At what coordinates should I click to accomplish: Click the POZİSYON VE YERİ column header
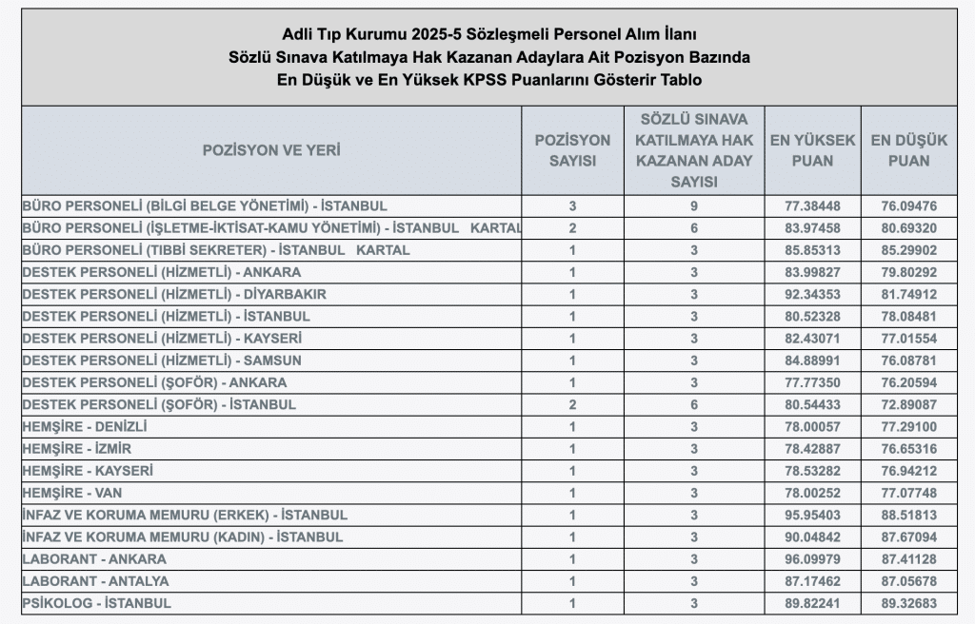tap(271, 150)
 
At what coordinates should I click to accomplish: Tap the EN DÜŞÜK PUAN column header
tap(909, 150)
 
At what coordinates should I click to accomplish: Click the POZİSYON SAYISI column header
tap(572, 150)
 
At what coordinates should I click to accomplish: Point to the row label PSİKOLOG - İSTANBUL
tap(96, 603)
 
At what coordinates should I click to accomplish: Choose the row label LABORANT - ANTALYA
tap(96, 581)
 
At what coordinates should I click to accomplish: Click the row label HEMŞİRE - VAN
tap(71, 493)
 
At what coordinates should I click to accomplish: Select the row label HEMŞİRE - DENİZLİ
tap(84, 426)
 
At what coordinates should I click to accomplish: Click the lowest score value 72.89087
tap(909, 404)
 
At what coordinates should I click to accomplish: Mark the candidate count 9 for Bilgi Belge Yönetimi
tap(694, 205)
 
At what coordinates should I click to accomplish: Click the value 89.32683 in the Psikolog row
tap(909, 603)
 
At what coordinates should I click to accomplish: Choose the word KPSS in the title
tap(488, 79)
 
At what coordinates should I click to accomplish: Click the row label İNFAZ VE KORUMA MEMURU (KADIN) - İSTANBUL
tap(182, 537)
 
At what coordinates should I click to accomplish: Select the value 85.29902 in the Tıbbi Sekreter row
tap(909, 250)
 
